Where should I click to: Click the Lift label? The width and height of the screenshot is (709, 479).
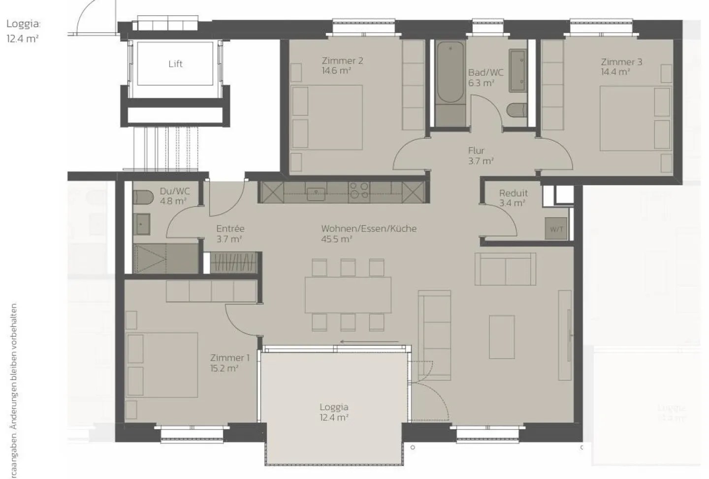point(175,64)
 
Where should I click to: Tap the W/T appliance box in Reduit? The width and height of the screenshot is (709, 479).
point(556,229)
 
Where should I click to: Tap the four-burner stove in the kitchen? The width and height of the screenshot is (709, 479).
point(359,190)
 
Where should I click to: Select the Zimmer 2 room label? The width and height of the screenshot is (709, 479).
point(342,61)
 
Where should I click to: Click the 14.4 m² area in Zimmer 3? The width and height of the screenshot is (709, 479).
point(615,72)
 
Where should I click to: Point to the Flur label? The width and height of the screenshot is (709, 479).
point(476,150)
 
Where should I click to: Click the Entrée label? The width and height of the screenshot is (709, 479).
point(230,229)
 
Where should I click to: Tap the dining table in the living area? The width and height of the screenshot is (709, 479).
point(348,295)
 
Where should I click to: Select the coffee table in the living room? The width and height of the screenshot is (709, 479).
point(502,337)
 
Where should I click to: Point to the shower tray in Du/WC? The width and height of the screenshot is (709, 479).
point(165,258)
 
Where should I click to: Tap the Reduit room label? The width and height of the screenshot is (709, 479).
point(513,193)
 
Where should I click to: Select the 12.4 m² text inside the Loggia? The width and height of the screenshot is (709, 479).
point(334,417)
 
